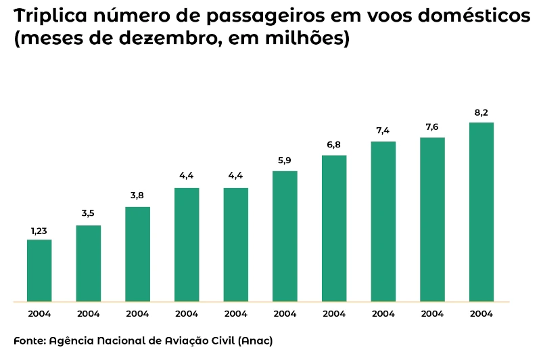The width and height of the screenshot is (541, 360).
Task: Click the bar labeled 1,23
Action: pyautogui.click(x=39, y=270)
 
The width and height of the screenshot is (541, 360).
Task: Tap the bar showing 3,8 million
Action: pyautogui.click(x=137, y=254)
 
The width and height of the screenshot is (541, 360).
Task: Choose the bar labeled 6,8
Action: pyautogui.click(x=334, y=228)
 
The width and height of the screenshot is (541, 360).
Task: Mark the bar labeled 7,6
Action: pyautogui.click(x=432, y=219)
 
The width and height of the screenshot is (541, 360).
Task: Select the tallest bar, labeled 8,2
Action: pyautogui.click(x=481, y=212)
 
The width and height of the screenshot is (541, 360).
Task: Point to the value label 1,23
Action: pyautogui.click(x=39, y=231)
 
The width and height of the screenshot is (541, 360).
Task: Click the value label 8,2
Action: pyautogui.click(x=481, y=113)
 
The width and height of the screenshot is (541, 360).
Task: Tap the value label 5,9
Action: pyautogui.click(x=285, y=161)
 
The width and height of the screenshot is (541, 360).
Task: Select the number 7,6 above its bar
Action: pyautogui.click(x=432, y=128)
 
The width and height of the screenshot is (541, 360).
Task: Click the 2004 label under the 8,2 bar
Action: pyautogui.click(x=481, y=314)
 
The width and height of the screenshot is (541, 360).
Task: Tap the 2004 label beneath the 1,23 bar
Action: pyautogui.click(x=39, y=314)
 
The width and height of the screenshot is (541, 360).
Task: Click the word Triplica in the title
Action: pyautogui.click(x=49, y=16)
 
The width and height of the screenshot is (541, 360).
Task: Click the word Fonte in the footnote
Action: pyautogui.click(x=29, y=340)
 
